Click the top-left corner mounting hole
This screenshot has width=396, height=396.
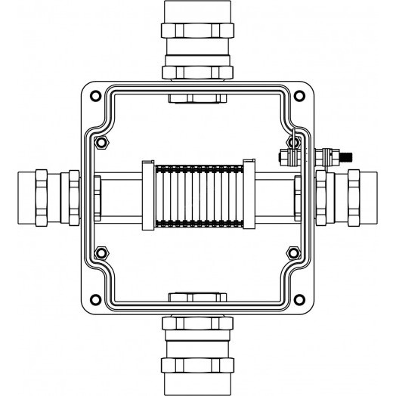[94, 96]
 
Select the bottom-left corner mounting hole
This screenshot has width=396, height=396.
[94, 297]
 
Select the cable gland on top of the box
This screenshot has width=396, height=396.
[198, 42]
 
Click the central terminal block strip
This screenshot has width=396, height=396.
[198, 196]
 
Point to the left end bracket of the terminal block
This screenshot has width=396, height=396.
[147, 196]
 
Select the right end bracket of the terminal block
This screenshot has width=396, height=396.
[248, 196]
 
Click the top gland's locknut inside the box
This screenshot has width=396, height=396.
[198, 97]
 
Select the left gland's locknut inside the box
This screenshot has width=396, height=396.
[98, 197]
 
